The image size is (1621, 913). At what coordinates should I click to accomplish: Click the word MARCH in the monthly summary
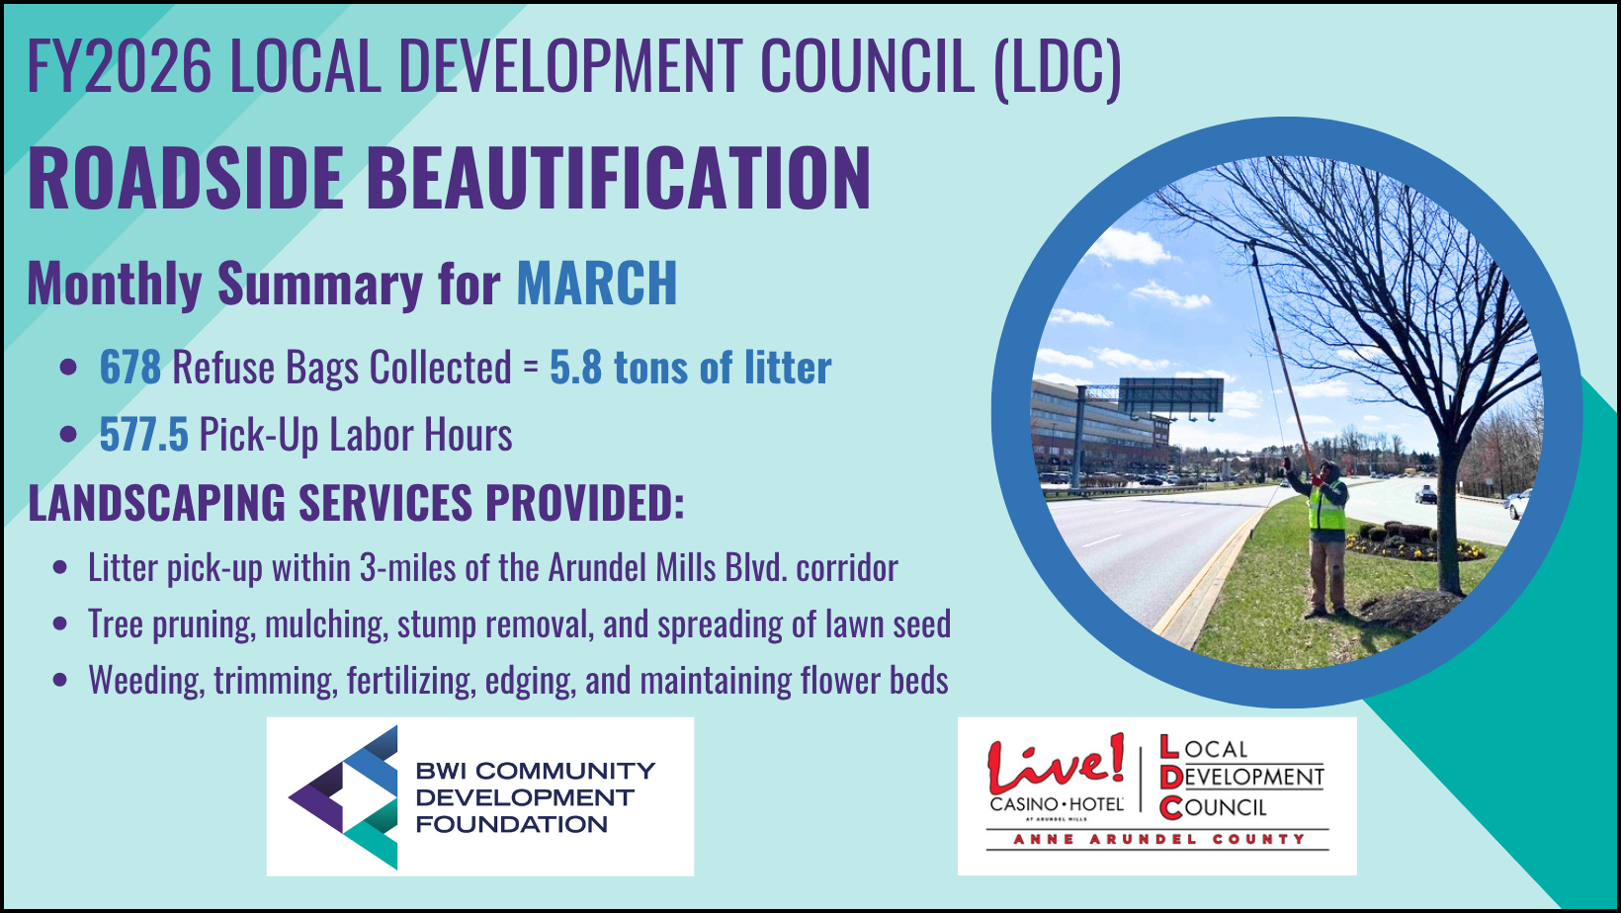[597, 283]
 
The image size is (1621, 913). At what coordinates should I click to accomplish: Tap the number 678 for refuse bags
[130, 367]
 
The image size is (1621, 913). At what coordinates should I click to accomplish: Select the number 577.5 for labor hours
[144, 434]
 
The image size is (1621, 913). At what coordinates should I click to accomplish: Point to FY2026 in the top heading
[120, 65]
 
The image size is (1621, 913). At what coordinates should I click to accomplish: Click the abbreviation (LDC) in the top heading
[1058, 67]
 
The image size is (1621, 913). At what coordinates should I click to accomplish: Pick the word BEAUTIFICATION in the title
[619, 178]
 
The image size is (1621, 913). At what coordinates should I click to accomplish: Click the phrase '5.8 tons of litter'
[690, 367]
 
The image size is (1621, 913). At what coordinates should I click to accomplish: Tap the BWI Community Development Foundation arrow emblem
[343, 796]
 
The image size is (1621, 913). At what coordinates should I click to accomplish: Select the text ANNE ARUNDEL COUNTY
[1158, 839]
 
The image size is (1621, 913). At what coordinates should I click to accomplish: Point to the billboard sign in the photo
[1170, 396]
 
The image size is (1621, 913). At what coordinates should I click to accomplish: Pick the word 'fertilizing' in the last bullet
[411, 681]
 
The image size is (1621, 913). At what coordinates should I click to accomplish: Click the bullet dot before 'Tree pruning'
[61, 623]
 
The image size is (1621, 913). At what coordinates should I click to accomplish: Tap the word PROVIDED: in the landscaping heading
[585, 502]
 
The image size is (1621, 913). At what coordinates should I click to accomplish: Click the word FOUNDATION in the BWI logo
[512, 824]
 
